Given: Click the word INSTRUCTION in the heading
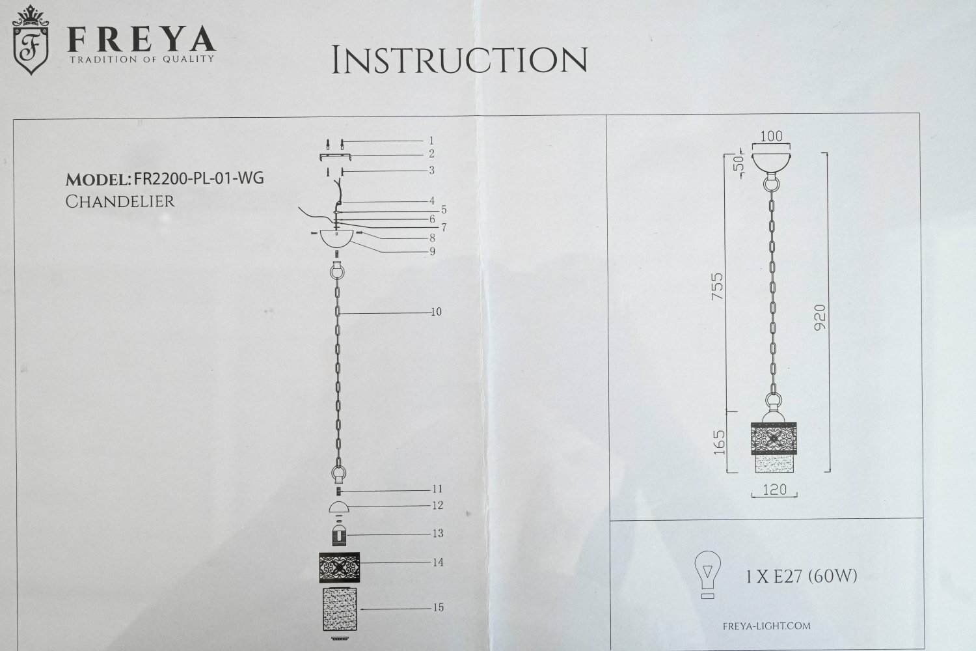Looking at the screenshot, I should point(459,60).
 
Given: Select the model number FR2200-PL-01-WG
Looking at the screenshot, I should point(198,178).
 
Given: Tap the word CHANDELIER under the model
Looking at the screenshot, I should point(120,201).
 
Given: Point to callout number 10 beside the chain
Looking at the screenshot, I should point(435,312).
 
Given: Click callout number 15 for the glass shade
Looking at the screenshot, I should point(438,607).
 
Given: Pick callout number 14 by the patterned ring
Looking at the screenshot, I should point(438,562).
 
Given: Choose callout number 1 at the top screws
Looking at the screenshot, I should point(431,140).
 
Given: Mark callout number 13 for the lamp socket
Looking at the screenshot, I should point(438,533).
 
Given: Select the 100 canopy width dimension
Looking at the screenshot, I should point(771,137).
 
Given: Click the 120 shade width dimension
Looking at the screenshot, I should point(774,490).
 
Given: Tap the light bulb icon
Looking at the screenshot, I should point(708,574).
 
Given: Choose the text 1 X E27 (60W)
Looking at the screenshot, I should point(802,576).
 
